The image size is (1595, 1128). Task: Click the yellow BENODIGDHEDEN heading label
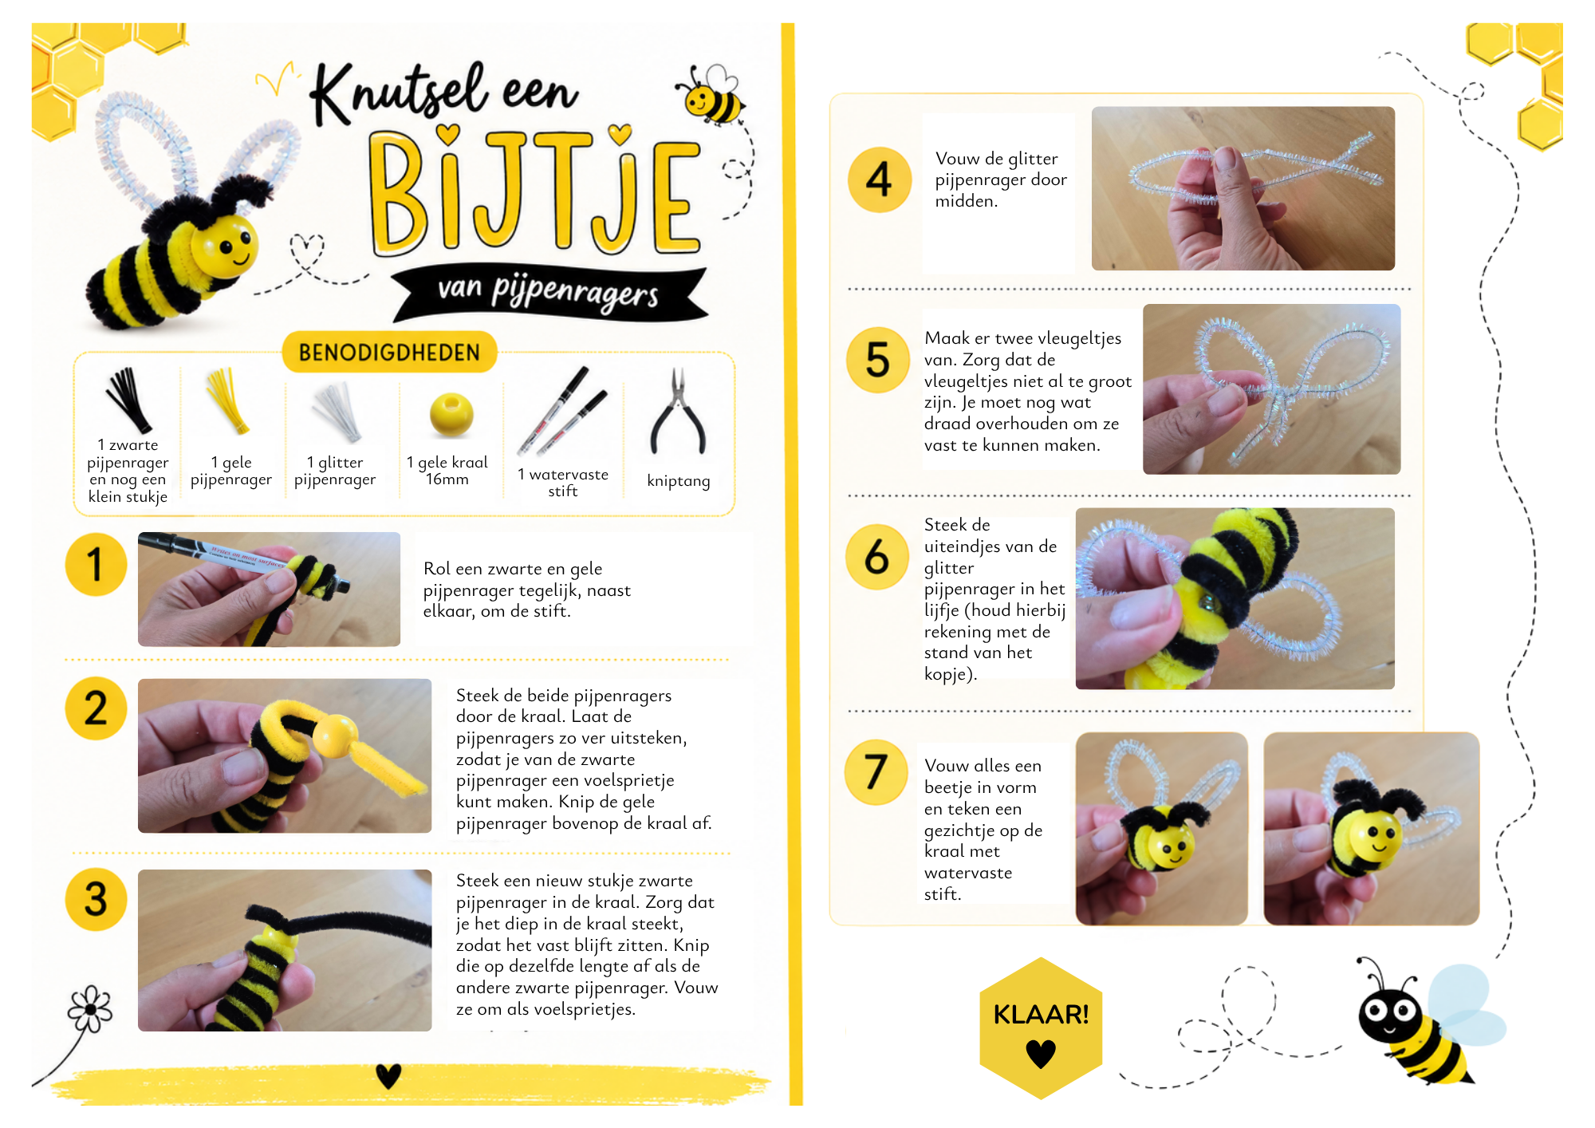[x=389, y=352]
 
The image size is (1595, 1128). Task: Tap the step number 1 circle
[x=96, y=565]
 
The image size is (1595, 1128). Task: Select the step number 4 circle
[x=880, y=179]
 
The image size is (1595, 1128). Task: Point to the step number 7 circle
[x=876, y=772]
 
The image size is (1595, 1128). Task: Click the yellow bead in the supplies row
[x=451, y=415]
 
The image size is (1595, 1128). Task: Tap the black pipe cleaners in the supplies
[x=128, y=400]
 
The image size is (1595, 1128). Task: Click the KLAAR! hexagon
[x=1041, y=1027]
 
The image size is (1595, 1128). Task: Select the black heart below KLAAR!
[x=1041, y=1054]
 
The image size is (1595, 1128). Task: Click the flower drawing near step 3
[x=90, y=1009]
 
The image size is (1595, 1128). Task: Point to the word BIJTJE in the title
[x=535, y=191]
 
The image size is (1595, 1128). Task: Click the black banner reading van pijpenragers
[x=549, y=292]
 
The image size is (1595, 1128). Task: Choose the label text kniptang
[x=679, y=480]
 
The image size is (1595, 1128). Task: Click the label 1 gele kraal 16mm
[x=447, y=471]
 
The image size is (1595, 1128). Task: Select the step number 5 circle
[x=878, y=360]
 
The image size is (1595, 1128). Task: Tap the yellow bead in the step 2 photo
[x=337, y=736]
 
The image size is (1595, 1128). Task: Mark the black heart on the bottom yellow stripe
[x=388, y=1076]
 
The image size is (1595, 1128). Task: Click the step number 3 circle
[x=96, y=899]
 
